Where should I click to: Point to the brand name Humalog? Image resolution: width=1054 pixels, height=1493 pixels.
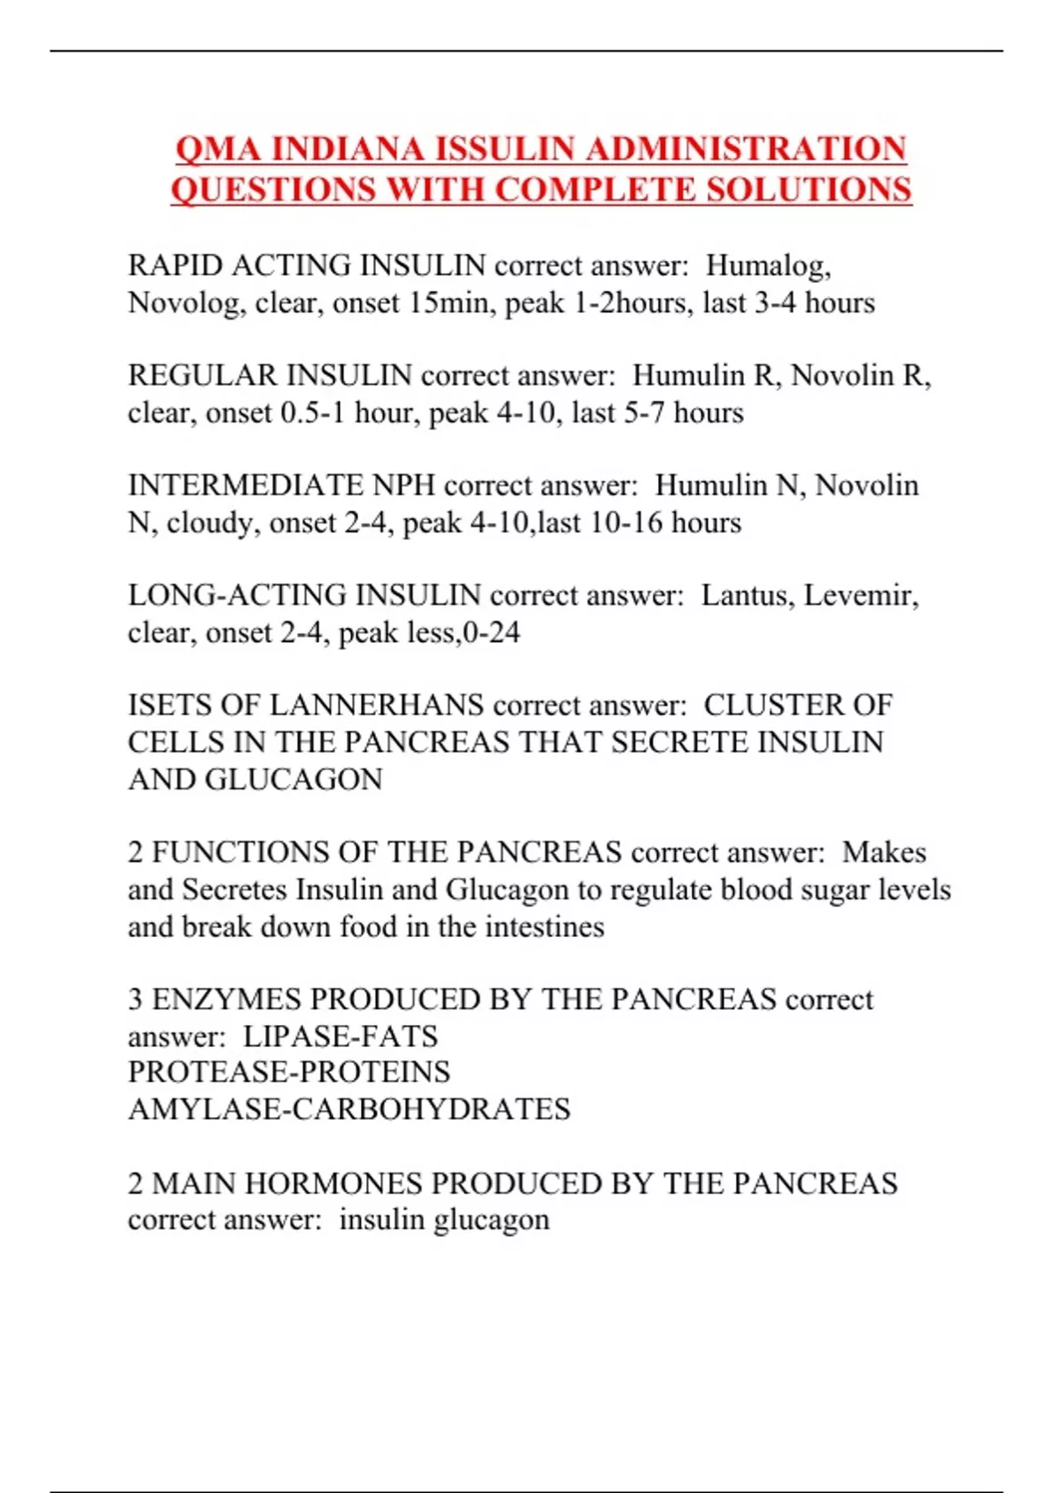click(x=768, y=265)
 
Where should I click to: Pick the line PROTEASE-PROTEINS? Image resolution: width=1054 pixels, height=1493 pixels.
click(x=289, y=1072)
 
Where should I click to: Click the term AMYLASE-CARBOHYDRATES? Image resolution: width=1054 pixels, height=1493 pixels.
click(x=349, y=1109)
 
